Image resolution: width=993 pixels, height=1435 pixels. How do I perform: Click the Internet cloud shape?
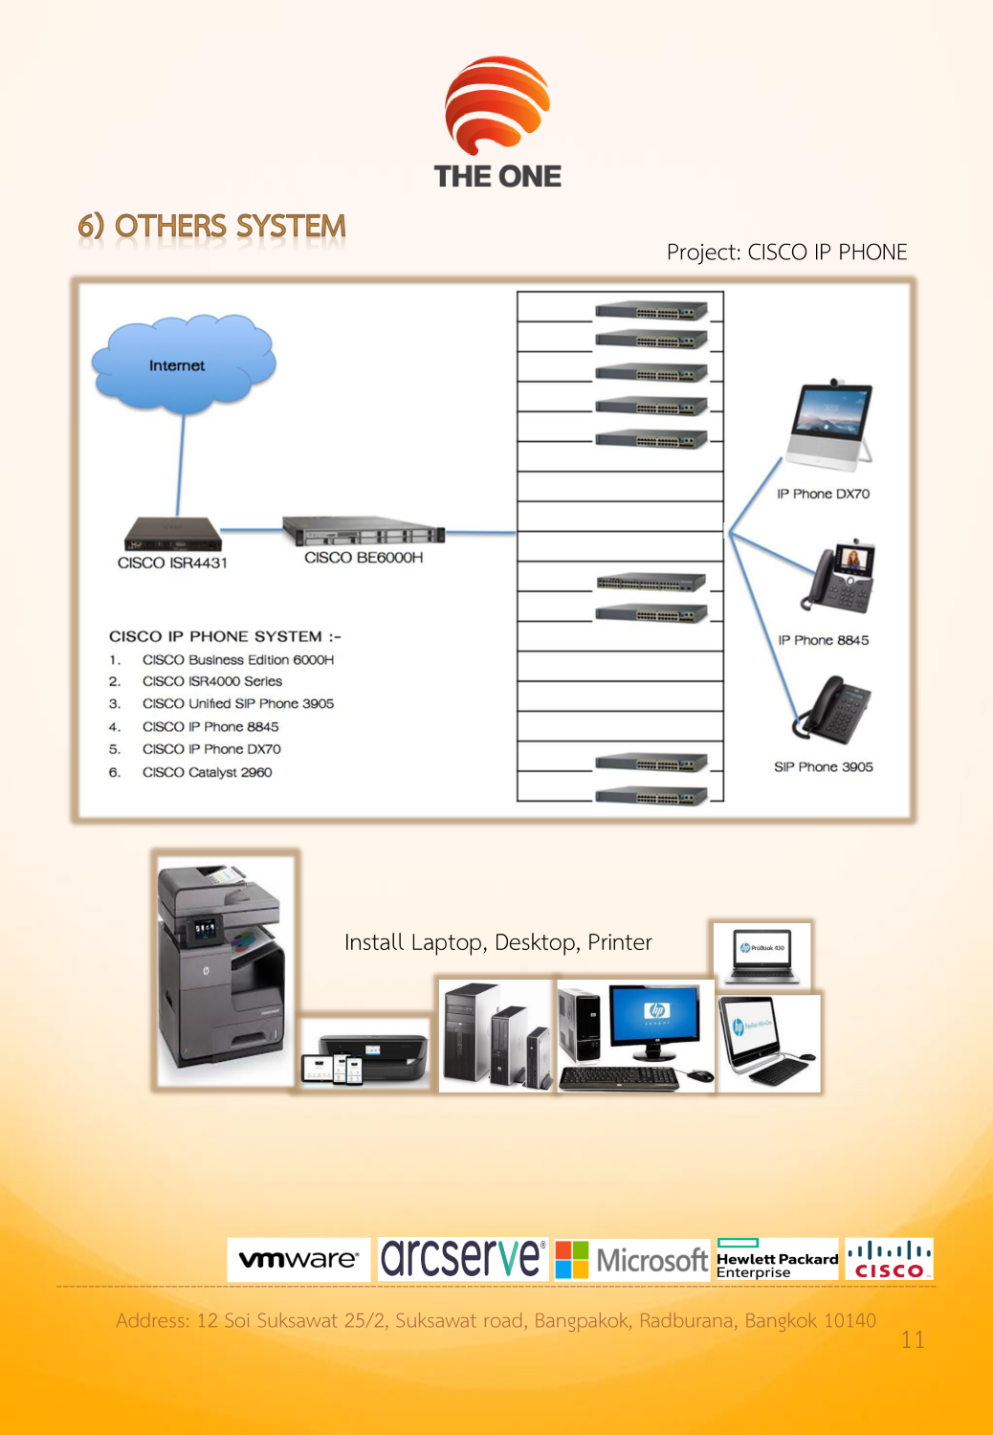(182, 365)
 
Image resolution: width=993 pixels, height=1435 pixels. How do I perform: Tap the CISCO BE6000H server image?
(364, 531)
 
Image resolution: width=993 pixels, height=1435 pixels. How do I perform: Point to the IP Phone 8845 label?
(823, 640)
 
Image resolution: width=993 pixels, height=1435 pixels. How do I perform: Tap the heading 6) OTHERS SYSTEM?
(211, 227)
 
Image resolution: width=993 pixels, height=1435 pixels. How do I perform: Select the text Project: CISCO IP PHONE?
(786, 253)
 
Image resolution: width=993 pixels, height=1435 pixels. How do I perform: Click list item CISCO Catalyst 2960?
(207, 772)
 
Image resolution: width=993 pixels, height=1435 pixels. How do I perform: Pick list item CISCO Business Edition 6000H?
(237, 660)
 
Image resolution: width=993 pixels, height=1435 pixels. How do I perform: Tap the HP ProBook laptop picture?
(761, 955)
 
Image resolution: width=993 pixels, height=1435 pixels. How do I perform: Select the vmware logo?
(298, 1259)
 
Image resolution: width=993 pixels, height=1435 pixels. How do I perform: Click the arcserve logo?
(462, 1258)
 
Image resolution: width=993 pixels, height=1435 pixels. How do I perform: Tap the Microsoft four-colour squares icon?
(572, 1259)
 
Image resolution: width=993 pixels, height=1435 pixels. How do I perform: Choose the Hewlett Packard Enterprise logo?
(776, 1259)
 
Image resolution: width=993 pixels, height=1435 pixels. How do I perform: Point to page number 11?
(913, 1339)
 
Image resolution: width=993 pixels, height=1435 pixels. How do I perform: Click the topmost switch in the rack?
(651, 311)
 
